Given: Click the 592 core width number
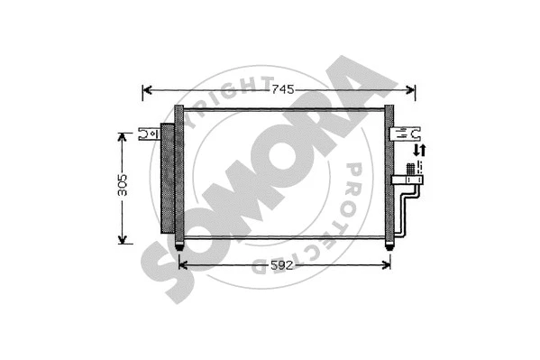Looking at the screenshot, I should pos(281,264).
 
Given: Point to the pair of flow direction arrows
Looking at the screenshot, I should pos(418,151).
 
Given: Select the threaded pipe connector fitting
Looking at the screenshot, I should pos(411,171).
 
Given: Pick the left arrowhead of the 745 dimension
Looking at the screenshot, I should pos(148,89).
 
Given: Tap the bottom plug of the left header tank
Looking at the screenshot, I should pos(179,243).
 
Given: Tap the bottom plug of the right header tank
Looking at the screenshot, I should pos(389,243).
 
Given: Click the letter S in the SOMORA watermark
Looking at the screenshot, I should pos(171,271).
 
